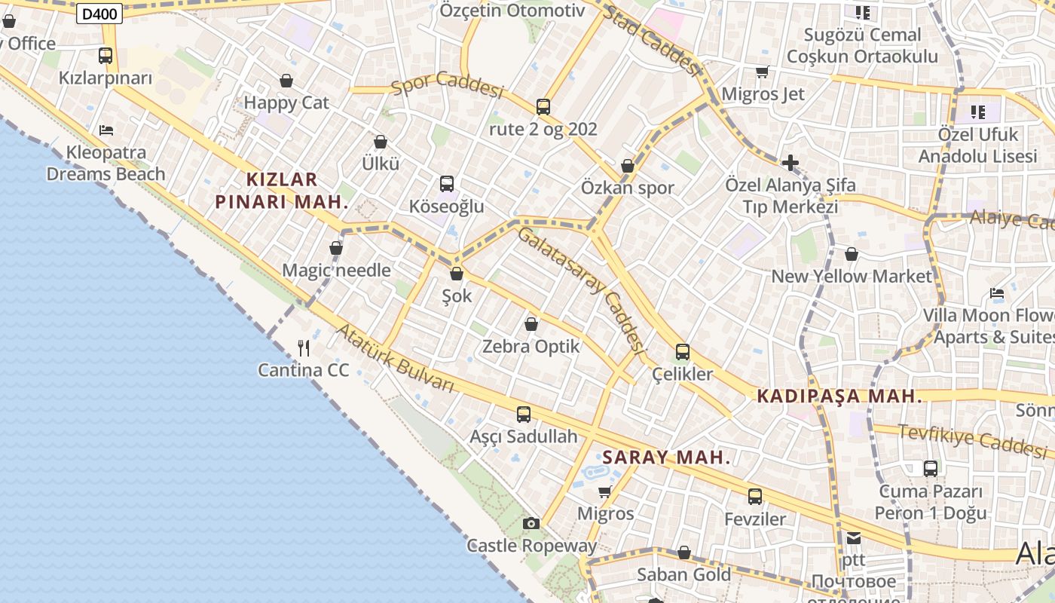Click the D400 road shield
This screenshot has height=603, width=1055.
pos(99,13)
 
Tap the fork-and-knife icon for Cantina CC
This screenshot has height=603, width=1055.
pos(304,347)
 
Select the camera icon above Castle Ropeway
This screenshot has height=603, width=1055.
pos(531,523)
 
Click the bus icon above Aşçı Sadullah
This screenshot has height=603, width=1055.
pos(524,414)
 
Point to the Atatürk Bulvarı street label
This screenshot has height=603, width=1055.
pos(396,359)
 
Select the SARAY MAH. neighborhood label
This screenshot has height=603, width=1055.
pos(667,458)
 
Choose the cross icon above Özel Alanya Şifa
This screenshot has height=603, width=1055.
pos(790,162)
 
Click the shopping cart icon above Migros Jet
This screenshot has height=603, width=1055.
pos(762,72)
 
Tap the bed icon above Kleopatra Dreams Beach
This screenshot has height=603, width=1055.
pos(106,130)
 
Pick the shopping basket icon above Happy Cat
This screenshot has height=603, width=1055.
pos(286,81)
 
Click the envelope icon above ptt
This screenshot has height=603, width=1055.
pos(853,538)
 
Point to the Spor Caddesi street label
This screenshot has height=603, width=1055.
pos(447,86)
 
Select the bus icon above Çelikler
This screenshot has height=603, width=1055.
pos(683,351)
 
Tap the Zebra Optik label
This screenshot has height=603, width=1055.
pos(531,347)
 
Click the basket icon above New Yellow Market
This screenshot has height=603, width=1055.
pos(852,254)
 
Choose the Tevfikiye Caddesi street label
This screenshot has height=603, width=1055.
pos(972,439)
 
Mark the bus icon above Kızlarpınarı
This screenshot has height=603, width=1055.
pos(105,55)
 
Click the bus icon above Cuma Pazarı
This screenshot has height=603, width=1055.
pos(931,469)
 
